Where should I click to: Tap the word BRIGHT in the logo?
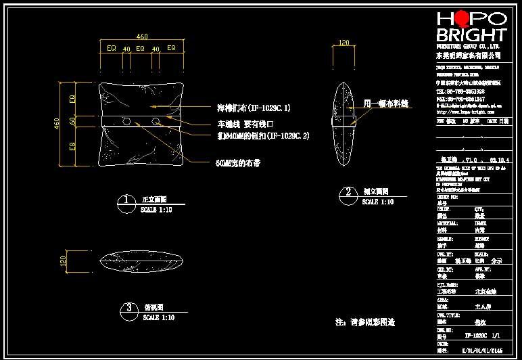pos(471,35)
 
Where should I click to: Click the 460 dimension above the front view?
pos(142,37)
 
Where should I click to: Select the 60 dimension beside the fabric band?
pos(73,120)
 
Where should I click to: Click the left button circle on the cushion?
pos(126,121)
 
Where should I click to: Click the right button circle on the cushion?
pos(157,121)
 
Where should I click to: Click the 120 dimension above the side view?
pos(343,43)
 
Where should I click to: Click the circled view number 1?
pos(126,200)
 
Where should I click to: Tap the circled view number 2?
pos(348,192)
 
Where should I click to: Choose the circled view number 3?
pos(128,309)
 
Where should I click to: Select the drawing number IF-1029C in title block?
pos(476,335)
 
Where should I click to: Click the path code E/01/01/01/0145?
pos(481,352)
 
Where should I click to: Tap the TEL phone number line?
pos(460,91)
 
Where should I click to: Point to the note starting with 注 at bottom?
pos(364,322)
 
